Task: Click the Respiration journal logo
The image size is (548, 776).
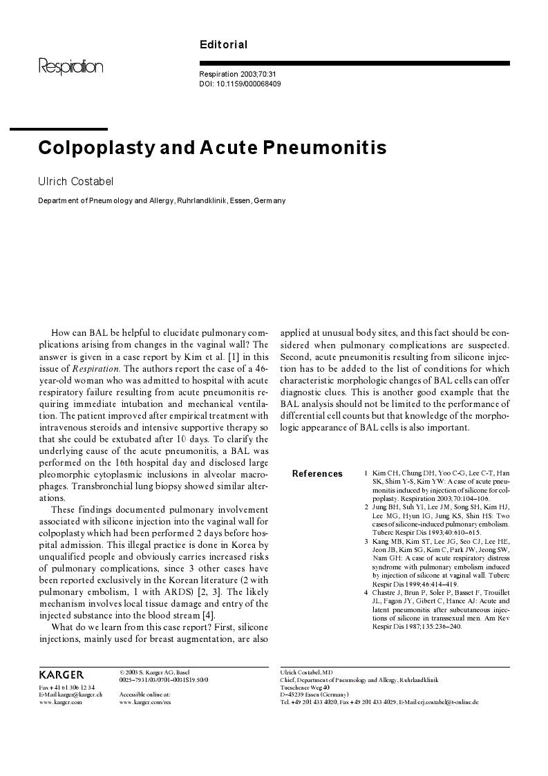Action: (70, 67)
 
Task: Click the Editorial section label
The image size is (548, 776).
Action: (223, 45)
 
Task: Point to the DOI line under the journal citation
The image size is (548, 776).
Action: (240, 84)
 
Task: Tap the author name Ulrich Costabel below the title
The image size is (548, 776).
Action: (76, 181)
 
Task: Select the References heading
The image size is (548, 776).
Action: (317, 474)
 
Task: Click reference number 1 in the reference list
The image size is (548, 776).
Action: (366, 473)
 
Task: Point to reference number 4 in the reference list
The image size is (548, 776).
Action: (366, 592)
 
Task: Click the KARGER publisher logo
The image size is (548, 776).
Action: (62, 674)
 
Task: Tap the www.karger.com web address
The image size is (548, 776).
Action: (60, 701)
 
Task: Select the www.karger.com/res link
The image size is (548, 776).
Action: (145, 701)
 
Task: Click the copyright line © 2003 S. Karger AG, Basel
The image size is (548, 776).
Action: (154, 672)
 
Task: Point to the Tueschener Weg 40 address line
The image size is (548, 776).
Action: (305, 688)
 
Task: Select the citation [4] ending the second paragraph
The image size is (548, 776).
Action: (209, 616)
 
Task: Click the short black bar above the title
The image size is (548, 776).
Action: (58, 129)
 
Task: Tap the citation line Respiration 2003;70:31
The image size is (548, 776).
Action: (237, 74)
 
